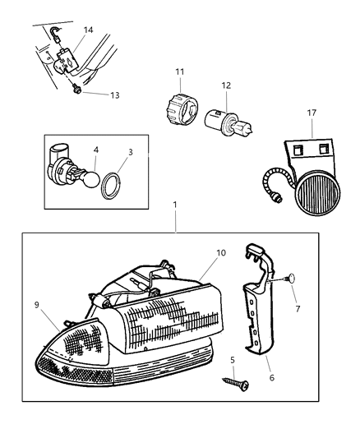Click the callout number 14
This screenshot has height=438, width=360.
pyautogui.click(x=88, y=30)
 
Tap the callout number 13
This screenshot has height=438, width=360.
pyautogui.click(x=113, y=95)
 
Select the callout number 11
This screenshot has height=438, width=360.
pyautogui.click(x=180, y=73)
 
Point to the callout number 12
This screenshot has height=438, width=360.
pyautogui.click(x=226, y=84)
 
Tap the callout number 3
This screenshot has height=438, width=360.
pyautogui.click(x=130, y=153)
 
